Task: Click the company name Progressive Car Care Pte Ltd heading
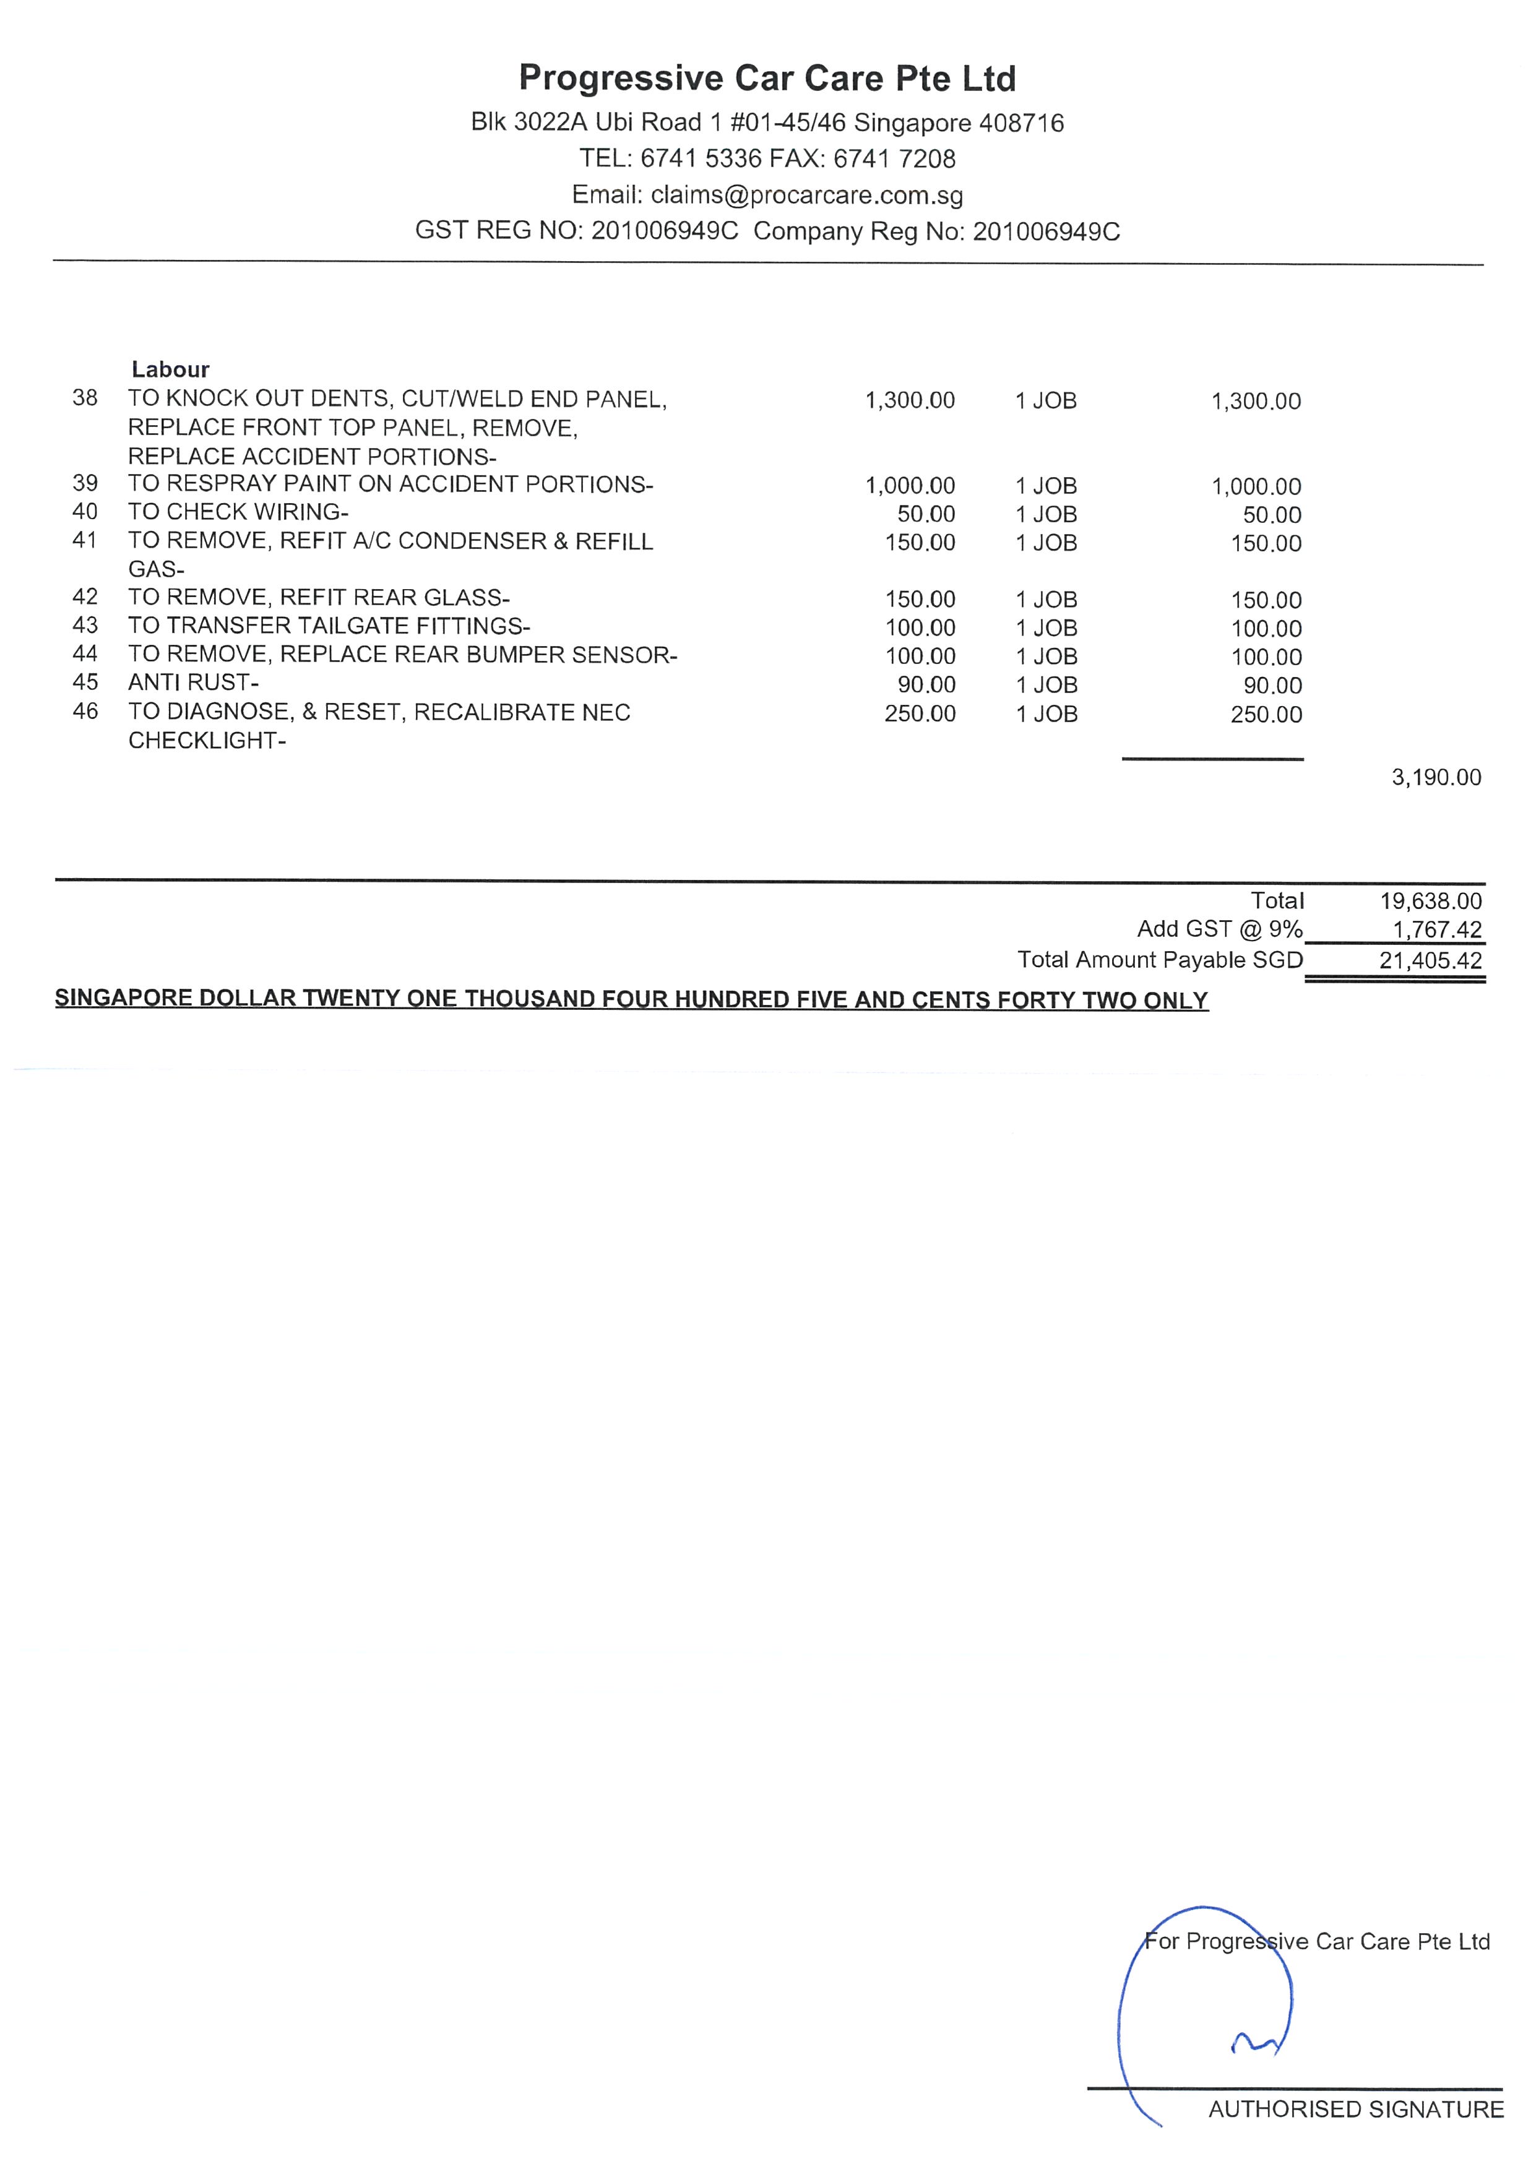pos(767,79)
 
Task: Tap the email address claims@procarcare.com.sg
pos(807,196)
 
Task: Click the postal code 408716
pos(1020,123)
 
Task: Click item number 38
pos(85,399)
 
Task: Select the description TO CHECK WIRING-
pos(238,512)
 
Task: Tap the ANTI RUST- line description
pos(193,682)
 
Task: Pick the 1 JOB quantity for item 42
pos(1046,600)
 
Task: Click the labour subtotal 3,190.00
pos(1436,778)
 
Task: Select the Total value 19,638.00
pos(1430,902)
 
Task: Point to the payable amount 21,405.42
pos(1430,961)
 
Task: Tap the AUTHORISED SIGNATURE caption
pos(1355,2110)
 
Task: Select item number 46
pos(85,712)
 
